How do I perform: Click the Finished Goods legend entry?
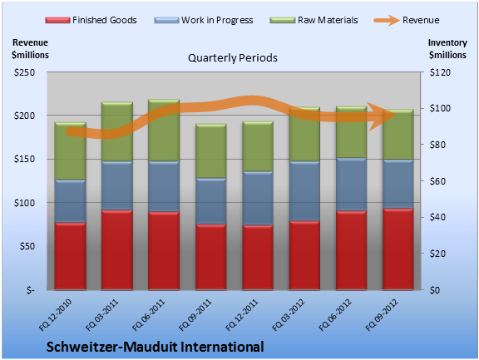pos(91,20)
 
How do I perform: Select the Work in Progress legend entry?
pos(204,20)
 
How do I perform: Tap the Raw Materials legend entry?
pos(314,20)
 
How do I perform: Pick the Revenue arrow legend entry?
pos(407,20)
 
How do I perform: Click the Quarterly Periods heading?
pos(233,57)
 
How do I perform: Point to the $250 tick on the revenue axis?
pos(24,72)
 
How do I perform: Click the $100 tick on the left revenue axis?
pos(24,203)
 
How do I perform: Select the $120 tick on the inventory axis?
pos(440,72)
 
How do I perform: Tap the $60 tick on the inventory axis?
pos(437,181)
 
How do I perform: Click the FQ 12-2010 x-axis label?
pos(55,315)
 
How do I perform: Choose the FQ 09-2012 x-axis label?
pos(382,315)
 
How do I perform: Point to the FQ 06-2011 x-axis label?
pos(149,315)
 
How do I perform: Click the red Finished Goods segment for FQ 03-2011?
pos(117,249)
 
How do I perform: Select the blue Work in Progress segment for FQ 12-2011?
pos(258,198)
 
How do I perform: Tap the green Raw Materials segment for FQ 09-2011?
pos(210,150)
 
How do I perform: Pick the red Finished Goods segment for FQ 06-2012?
pos(351,250)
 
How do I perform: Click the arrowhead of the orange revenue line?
pos(383,116)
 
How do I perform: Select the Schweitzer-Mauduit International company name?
pos(156,347)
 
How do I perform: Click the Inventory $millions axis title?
pos(447,48)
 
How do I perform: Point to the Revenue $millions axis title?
pos(30,48)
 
